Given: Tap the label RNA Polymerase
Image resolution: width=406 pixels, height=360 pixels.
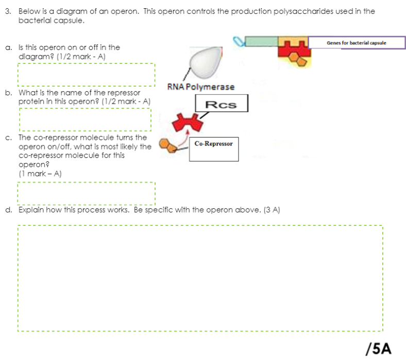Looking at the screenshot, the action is coord(201,87).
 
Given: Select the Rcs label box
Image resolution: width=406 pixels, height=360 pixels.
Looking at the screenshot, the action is coord(222,104).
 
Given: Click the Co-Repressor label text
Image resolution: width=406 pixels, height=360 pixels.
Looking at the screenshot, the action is coord(214,143).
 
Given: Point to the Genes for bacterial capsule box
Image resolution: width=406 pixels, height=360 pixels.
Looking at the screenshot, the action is coord(356,43).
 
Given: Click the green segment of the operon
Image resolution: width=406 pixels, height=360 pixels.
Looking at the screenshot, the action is coord(261,41).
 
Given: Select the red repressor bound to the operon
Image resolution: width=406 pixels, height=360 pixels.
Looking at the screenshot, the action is coord(293,49).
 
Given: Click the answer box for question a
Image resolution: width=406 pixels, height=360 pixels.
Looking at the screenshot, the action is coord(86,74).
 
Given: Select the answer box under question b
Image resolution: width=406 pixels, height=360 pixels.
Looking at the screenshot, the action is coord(85,120).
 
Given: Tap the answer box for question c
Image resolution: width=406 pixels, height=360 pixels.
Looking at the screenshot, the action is coord(86,193).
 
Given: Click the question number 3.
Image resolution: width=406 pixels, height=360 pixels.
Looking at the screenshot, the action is coord(8,11).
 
